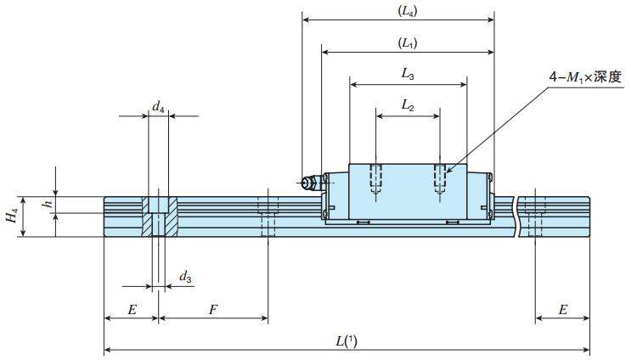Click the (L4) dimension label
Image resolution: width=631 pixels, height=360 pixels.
[x=407, y=12]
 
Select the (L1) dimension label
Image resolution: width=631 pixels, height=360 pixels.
[x=407, y=42]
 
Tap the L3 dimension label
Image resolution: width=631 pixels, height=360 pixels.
[x=408, y=75]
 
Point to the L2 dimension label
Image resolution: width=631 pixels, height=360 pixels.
[x=408, y=105]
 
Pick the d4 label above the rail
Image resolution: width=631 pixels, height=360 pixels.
[x=158, y=106]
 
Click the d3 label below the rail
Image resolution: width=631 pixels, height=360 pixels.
[x=185, y=277]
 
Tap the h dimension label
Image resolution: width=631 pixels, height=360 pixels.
[x=48, y=204]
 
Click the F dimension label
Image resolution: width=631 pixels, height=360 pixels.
[x=212, y=310]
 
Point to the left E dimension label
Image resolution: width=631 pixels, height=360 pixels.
[x=131, y=310]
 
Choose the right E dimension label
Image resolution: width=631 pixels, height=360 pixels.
[x=562, y=310]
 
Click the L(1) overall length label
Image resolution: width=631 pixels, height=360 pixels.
[x=346, y=341]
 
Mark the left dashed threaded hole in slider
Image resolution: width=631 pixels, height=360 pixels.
[x=377, y=178]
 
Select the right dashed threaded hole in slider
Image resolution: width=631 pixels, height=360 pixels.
[x=439, y=178]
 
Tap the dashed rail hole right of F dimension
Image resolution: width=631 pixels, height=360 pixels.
[x=268, y=217]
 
